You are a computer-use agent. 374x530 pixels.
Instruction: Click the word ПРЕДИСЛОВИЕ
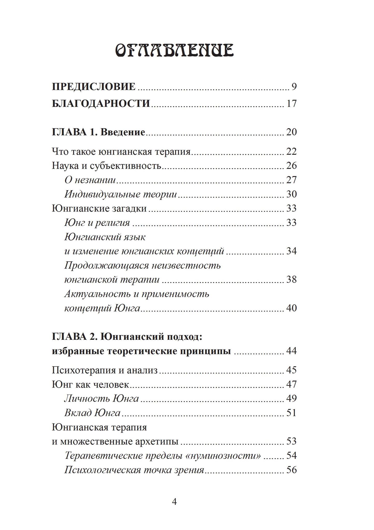tap(94, 87)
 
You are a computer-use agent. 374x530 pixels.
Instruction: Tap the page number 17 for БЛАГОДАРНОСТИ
tap(291, 104)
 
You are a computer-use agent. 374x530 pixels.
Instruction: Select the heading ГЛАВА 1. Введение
tap(98, 132)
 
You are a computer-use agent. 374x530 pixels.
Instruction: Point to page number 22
tap(291, 151)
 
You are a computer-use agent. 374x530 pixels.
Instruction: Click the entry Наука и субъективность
tap(107, 166)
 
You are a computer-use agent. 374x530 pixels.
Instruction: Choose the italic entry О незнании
tap(90, 180)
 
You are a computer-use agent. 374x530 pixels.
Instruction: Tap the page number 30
tap(291, 194)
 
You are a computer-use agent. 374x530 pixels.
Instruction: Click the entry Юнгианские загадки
tap(99, 208)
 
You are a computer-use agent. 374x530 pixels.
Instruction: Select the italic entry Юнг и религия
tap(97, 223)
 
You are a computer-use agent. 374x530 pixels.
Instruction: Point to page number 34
tap(291, 251)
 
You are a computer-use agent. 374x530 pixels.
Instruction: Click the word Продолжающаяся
tap(106, 266)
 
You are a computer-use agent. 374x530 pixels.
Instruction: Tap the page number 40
tap(291, 308)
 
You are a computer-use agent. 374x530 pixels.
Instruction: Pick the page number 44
tap(291, 351)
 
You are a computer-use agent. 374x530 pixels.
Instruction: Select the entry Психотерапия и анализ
tap(105, 370)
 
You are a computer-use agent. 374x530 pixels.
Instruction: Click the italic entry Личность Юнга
tap(102, 399)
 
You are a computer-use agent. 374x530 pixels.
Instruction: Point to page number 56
tap(291, 470)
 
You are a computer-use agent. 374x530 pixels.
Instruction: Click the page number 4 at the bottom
tap(174, 502)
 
